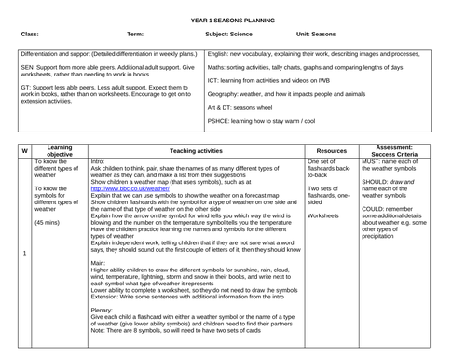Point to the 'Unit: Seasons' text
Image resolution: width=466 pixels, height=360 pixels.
317,34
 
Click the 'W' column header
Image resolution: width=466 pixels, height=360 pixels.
23,150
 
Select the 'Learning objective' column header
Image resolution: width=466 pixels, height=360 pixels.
61,150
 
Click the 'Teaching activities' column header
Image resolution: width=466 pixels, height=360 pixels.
196,150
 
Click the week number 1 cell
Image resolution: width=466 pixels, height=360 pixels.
23,252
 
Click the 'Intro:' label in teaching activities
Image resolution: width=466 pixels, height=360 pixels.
99,162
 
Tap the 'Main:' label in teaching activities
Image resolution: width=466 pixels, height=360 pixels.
100,263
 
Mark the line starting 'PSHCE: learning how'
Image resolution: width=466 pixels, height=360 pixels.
274,121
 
